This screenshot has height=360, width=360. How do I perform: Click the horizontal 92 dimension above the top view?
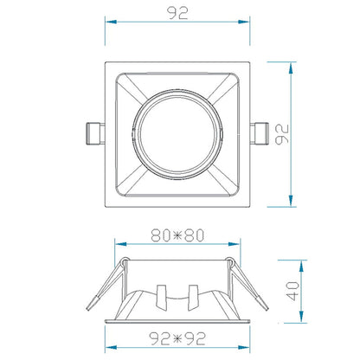point(177,13)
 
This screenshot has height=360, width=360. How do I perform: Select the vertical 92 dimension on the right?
point(281,134)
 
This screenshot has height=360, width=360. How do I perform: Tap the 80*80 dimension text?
point(177,235)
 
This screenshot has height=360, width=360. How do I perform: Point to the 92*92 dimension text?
point(177,338)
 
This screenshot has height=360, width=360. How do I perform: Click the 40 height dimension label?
point(292,291)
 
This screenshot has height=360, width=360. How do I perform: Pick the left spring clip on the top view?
point(95,133)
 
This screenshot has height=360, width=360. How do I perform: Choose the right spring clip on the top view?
point(260,133)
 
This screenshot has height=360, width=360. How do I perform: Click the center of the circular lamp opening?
point(177,134)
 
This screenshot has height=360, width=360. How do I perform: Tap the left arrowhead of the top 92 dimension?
point(111,22)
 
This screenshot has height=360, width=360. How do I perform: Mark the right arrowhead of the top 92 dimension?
point(244,22)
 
